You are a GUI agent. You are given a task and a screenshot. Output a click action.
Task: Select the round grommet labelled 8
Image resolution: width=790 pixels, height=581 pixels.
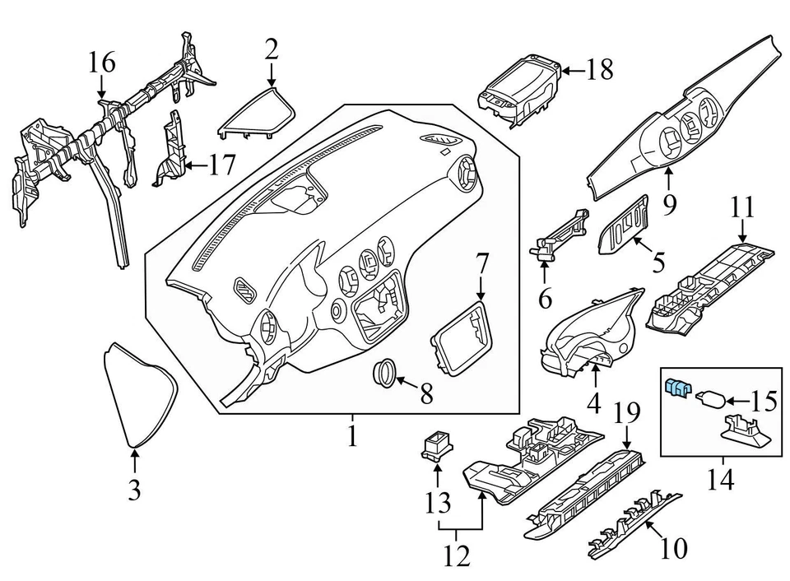[384, 372]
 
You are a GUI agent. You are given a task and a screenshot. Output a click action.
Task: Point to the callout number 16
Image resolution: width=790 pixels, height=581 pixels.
[103, 62]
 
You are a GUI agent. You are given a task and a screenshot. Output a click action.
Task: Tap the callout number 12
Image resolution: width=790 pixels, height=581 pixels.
[458, 558]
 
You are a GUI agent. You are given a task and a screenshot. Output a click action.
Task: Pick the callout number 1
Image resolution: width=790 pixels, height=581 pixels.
[352, 435]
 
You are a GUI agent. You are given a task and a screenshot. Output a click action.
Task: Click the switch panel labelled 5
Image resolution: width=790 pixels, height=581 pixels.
[625, 226]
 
